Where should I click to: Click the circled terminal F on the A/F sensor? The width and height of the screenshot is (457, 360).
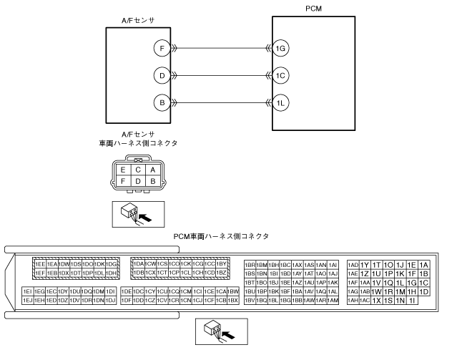162,48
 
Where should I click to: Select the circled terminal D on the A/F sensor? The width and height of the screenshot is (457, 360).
162,75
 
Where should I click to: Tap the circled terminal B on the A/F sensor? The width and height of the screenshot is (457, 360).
162,103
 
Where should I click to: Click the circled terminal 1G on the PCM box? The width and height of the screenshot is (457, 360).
280,48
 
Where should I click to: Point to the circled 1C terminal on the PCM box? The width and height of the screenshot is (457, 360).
280,75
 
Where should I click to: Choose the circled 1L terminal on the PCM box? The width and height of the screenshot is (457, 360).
280,103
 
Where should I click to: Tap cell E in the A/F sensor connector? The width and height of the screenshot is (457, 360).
124,170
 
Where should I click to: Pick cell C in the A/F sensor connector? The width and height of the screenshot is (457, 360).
138,170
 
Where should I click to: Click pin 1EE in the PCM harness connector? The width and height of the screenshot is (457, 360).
40,264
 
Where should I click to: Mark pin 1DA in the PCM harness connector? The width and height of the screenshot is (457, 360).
139,264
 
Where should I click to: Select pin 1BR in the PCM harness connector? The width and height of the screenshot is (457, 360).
250,264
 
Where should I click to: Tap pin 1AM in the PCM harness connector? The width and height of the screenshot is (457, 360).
333,301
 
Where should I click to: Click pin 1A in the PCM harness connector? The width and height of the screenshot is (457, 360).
424,264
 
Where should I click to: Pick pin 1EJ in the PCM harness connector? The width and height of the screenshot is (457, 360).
27,301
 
